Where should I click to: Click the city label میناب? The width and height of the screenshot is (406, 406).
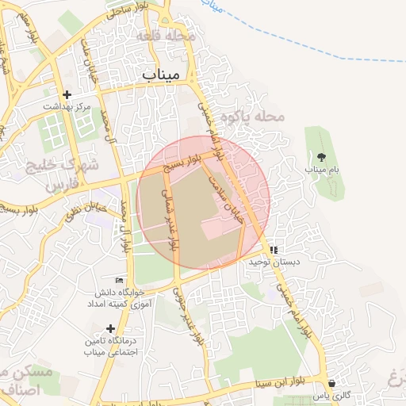pos(162,74)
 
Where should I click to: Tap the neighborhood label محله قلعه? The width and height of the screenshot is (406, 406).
pos(165,36)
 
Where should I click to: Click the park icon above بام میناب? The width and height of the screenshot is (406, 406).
pos(321,156)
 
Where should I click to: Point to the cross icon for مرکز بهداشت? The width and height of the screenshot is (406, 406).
pos(67,94)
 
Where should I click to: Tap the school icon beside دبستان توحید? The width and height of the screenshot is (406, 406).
pos(274,249)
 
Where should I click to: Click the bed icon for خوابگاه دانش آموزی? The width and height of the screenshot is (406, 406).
pos(120,280)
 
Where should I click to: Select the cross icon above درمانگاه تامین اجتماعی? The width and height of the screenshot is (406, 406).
pos(109,327)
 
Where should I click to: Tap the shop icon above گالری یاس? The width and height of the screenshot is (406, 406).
pos(331,382)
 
